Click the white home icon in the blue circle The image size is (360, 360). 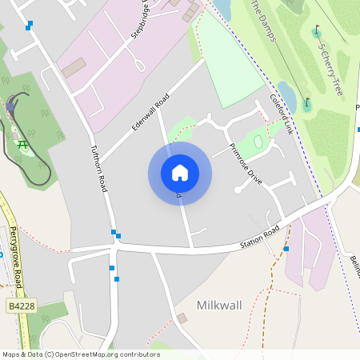[x=180, y=173]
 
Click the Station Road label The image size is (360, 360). [x=261, y=236]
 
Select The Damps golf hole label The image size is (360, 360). [x=264, y=19]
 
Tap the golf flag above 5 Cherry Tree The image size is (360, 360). [x=318, y=31]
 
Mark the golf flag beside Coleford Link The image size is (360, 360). [x=306, y=102]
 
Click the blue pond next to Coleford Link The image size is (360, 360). [x=286, y=96]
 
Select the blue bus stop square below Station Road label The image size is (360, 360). [x=286, y=248]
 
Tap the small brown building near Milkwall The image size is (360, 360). [x=182, y=318]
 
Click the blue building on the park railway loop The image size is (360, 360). [x=11, y=104]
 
